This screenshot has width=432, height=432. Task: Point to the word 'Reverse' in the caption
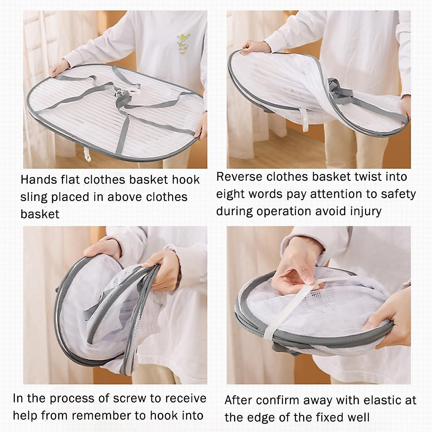point(239,177)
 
